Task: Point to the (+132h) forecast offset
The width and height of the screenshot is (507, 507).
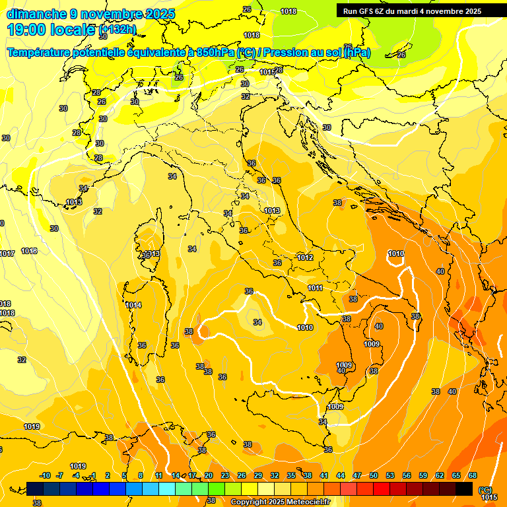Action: pyautogui.click(x=118, y=30)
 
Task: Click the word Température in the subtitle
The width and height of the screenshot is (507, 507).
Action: pyautogui.click(x=40, y=53)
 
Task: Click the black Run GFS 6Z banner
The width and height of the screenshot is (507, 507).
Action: pyautogui.click(x=413, y=11)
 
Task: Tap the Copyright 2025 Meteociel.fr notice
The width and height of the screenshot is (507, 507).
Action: pyautogui.click(x=280, y=502)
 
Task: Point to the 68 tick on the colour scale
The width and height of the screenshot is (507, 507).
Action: pyautogui.click(x=472, y=475)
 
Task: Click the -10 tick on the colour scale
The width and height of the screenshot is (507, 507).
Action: pyautogui.click(x=44, y=475)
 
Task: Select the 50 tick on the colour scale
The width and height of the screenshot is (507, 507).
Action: pyautogui.click(x=373, y=475)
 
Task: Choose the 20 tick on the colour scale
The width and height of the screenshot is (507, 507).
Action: pyautogui.click(x=208, y=475)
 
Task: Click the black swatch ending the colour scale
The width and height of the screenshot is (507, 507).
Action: pyautogui.click(x=464, y=489)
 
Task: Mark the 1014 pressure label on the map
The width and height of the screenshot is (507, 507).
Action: pyautogui.click(x=133, y=305)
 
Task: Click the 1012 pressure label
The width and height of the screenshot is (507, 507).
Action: pyautogui.click(x=304, y=257)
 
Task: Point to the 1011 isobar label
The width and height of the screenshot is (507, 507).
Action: pyautogui.click(x=315, y=288)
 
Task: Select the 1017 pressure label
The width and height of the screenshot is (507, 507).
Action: pyautogui.click(x=7, y=253)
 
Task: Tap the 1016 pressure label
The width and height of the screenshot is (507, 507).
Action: pyautogui.click(x=29, y=251)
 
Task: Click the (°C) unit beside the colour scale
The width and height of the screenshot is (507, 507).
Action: pyautogui.click(x=485, y=489)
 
